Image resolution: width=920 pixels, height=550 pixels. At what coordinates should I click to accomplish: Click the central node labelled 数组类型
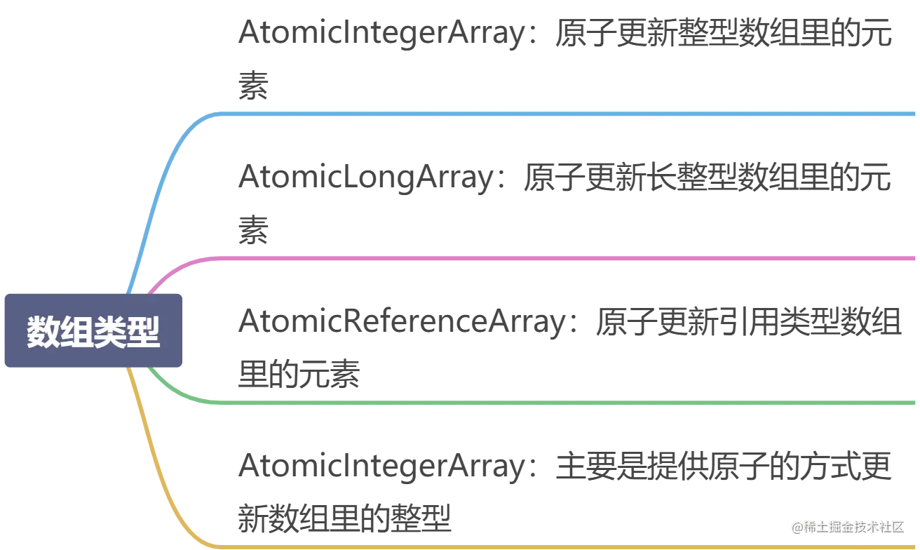click(94, 331)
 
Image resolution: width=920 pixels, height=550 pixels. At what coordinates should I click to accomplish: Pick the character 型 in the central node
click(144, 332)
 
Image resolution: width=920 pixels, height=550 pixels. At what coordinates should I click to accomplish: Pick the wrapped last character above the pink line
click(252, 233)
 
